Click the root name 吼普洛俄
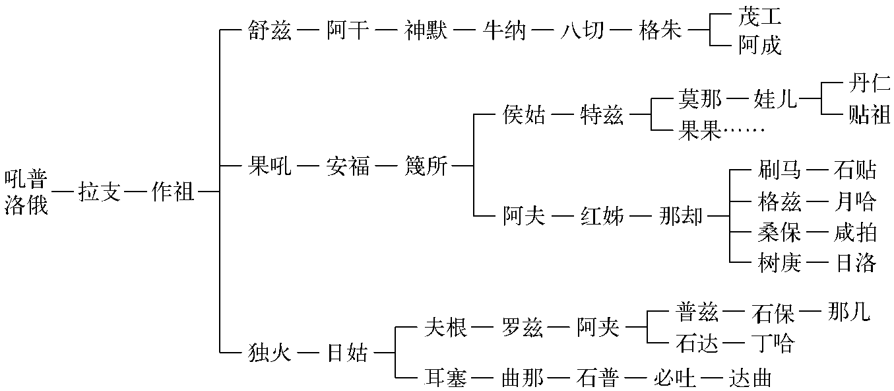[x=27, y=192]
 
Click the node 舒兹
[x=269, y=30]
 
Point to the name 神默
[x=426, y=30]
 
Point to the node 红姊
[x=602, y=216]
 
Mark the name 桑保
[x=779, y=232]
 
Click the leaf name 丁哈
[x=773, y=343]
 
